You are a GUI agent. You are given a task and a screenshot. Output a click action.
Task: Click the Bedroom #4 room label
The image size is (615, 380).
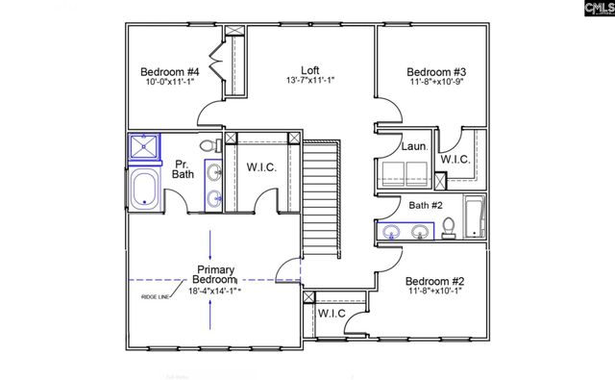pyautogui.click(x=169, y=72)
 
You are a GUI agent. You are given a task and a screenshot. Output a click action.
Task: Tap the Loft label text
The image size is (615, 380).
pyautogui.click(x=309, y=69)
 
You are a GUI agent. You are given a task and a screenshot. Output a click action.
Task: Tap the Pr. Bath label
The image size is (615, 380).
pyautogui.click(x=183, y=168)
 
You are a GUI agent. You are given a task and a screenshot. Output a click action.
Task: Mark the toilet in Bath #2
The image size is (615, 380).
pyautogui.click(x=449, y=227)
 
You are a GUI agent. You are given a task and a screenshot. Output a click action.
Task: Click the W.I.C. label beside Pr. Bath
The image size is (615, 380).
pyautogui.click(x=261, y=168)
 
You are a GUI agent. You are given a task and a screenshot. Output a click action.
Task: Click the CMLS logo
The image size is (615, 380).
pyautogui.click(x=577, y=10)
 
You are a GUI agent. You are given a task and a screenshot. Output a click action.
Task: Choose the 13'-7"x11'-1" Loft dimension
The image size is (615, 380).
pyautogui.click(x=309, y=81)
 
